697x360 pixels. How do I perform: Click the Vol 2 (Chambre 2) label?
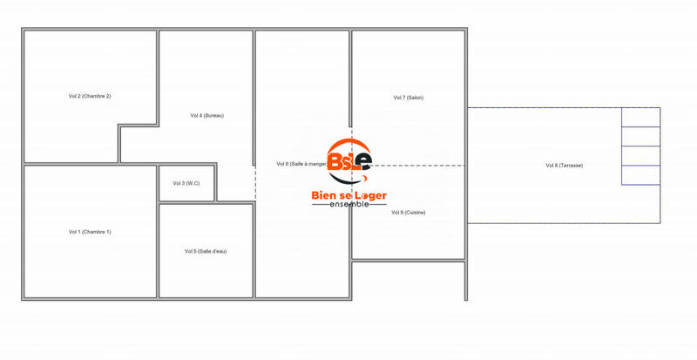tap(90, 96)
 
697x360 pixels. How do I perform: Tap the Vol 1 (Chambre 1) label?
tap(90, 232)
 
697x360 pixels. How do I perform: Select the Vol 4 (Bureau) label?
tap(206, 115)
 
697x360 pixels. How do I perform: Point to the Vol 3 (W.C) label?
tap(186, 183)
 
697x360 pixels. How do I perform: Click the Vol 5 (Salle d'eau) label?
tap(206, 251)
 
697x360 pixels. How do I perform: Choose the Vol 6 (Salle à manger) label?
tap(301, 164)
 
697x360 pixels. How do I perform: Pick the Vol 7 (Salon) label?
tap(408, 98)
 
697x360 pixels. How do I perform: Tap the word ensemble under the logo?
tap(349, 205)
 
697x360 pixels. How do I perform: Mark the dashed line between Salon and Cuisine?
tap(418, 165)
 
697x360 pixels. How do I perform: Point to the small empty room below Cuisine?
tap(408, 280)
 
